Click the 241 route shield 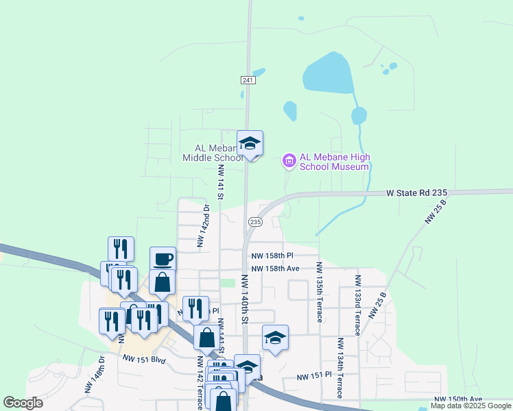[248, 80]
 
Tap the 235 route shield [254, 222]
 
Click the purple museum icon [289, 161]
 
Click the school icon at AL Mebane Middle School [250, 144]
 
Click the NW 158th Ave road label [275, 269]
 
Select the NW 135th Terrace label [318, 292]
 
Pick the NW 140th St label [244, 301]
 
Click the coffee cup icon [163, 259]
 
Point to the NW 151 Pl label [314, 376]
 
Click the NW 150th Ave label [458, 399]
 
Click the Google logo [23, 403]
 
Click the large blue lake [329, 73]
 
